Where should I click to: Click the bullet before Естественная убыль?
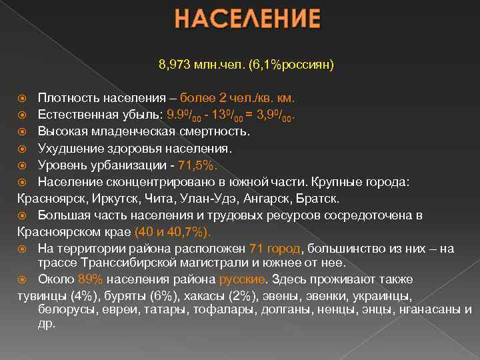click(22, 114)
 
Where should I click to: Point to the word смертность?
click(216, 131)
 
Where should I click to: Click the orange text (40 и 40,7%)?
click(172, 232)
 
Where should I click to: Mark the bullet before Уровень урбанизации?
click(22, 165)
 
